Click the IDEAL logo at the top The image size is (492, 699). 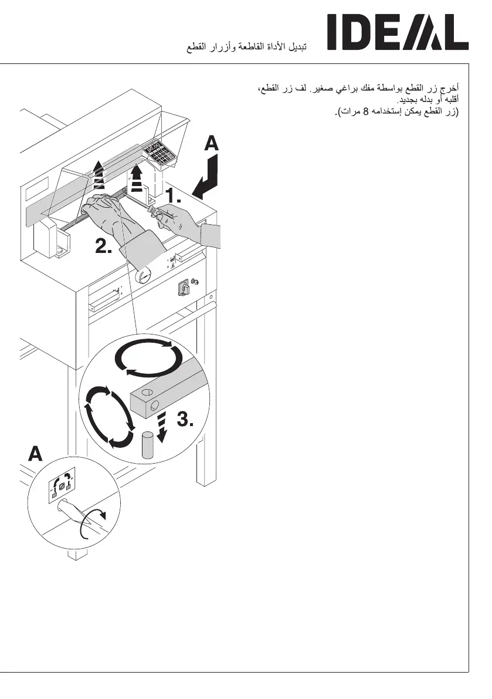398,33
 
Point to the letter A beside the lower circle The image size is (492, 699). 36,454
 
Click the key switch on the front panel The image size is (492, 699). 184,288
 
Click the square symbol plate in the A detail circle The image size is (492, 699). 62,486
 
